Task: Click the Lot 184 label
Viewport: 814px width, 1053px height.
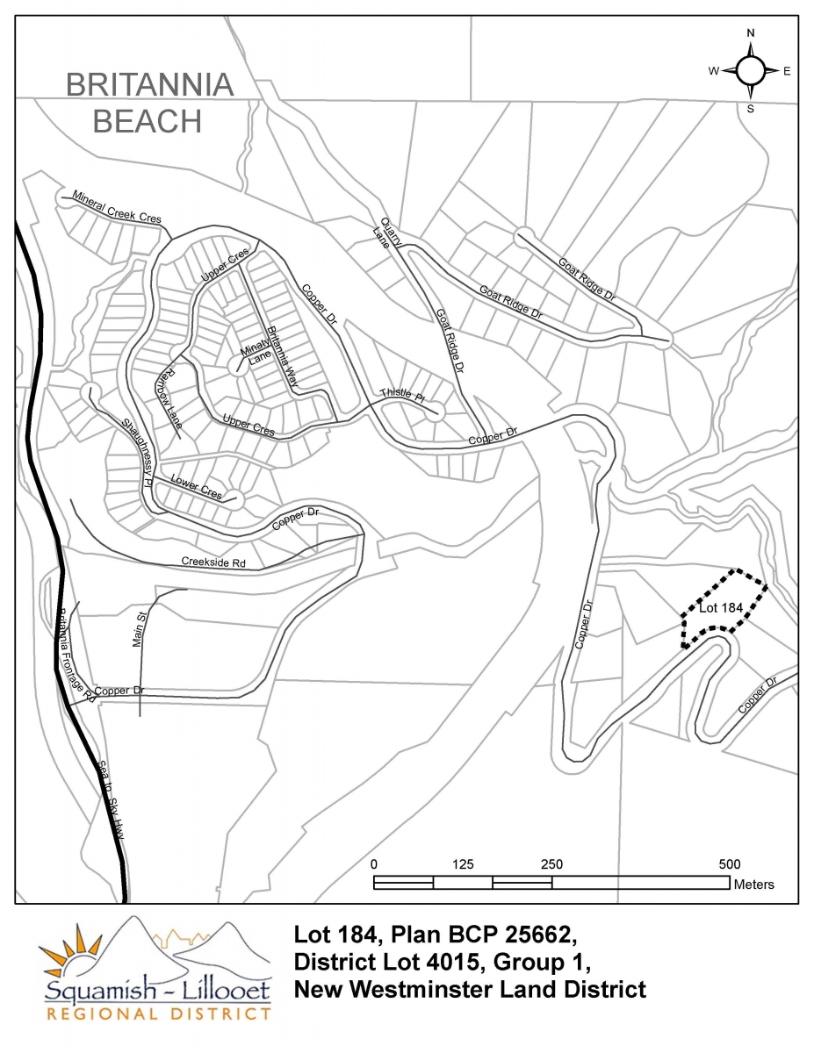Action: pyautogui.click(x=722, y=607)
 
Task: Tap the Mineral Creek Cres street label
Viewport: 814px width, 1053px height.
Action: pyautogui.click(x=117, y=207)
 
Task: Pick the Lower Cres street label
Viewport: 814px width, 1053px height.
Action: pyautogui.click(x=197, y=488)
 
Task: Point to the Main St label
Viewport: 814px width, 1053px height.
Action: pyautogui.click(x=138, y=631)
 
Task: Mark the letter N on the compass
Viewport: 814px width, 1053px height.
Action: pyautogui.click(x=751, y=33)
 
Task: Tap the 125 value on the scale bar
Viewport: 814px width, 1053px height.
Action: pyautogui.click(x=463, y=864)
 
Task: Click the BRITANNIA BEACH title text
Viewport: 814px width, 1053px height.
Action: pyautogui.click(x=149, y=103)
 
